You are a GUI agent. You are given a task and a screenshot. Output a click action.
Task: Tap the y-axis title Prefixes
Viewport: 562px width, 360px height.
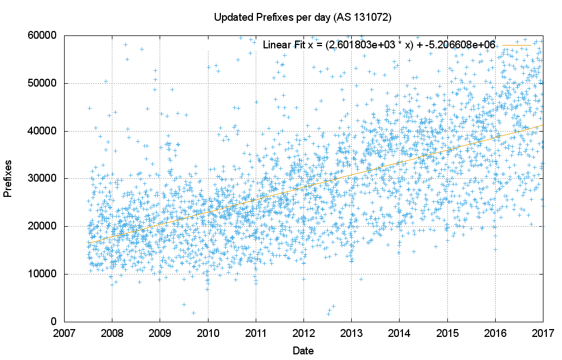(8, 178)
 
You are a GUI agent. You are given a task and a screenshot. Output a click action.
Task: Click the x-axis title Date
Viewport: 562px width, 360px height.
(303, 350)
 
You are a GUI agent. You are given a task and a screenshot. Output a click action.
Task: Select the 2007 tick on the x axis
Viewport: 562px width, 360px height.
(65, 333)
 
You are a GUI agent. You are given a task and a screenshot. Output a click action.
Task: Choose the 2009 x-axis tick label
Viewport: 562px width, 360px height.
(160, 333)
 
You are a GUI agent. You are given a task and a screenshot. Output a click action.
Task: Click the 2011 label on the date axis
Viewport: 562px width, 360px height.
(256, 333)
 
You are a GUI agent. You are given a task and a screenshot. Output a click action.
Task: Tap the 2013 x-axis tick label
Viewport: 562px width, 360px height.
(351, 333)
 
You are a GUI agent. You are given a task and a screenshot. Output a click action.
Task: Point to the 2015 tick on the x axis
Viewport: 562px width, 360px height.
(447, 333)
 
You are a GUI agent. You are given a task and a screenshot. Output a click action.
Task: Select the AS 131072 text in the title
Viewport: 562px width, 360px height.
(362, 18)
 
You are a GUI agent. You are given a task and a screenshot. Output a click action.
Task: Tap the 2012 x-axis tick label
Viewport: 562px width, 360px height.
(303, 333)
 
